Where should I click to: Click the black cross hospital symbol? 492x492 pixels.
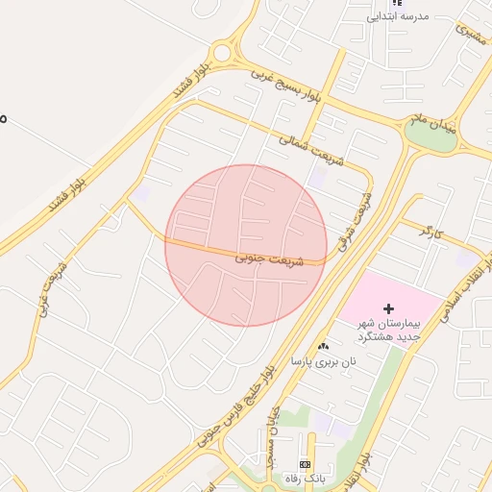point(389,308)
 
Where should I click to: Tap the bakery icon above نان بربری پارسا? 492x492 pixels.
point(322,346)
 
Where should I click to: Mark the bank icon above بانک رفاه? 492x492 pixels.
point(306,465)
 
